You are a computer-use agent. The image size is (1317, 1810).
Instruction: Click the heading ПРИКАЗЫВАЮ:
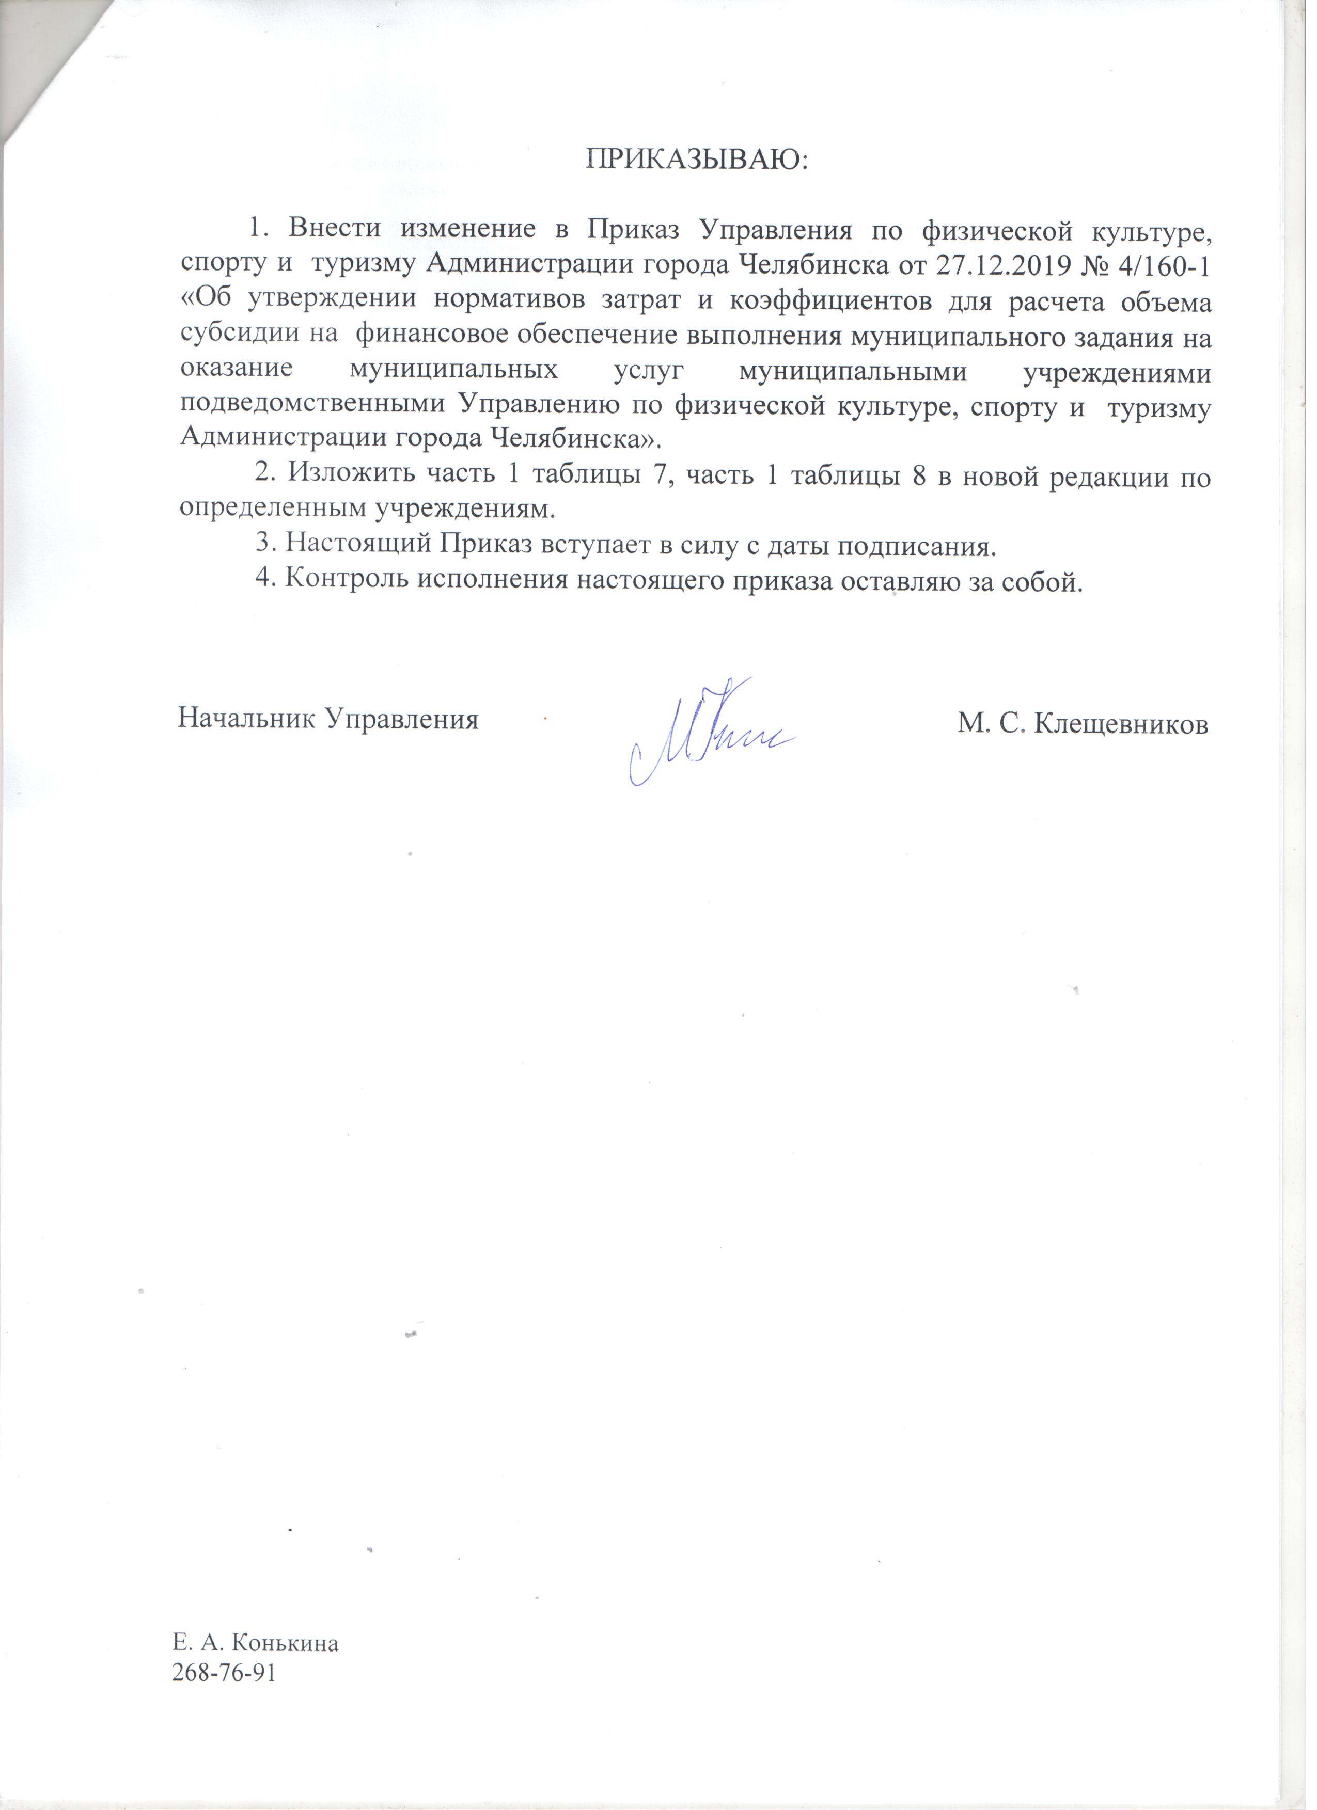point(698,160)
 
